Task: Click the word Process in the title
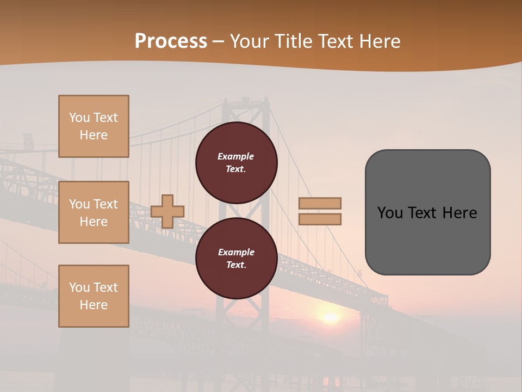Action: click(x=171, y=41)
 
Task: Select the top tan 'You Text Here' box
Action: click(x=94, y=126)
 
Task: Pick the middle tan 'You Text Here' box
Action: click(x=94, y=212)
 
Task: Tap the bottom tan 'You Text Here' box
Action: click(x=94, y=296)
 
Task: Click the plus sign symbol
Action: click(x=167, y=211)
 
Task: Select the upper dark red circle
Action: click(x=236, y=162)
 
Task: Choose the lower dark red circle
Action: click(x=236, y=258)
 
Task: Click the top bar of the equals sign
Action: click(x=320, y=203)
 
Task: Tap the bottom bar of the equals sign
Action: click(x=320, y=219)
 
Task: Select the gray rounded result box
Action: click(x=427, y=212)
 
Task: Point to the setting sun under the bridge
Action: click(x=330, y=317)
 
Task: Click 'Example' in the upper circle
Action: click(x=236, y=156)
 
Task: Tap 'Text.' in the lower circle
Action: click(x=236, y=265)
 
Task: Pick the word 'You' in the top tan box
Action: click(x=79, y=118)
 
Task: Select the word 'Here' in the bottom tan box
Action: click(x=94, y=305)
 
